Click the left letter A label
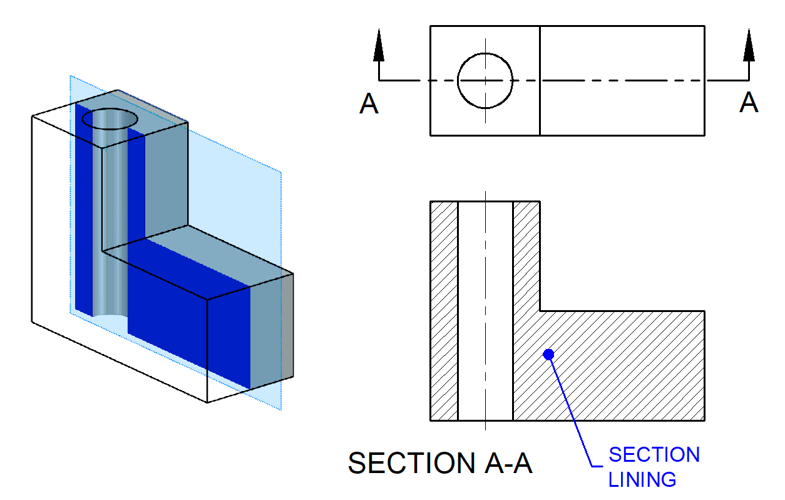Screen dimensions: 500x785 pyautogui.click(x=369, y=104)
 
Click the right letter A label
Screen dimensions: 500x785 pyautogui.click(x=749, y=103)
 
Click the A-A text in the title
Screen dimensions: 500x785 pyautogui.click(x=508, y=464)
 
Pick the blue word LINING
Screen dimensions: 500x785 pyautogui.click(x=642, y=480)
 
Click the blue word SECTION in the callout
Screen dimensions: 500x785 pyautogui.click(x=654, y=455)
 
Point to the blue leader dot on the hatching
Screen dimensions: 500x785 pyautogui.click(x=549, y=355)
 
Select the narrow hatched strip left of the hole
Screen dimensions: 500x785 pyautogui.click(x=444, y=311)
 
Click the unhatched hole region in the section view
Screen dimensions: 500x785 pyautogui.click(x=485, y=311)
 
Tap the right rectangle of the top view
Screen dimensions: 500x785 pyautogui.click(x=622, y=81)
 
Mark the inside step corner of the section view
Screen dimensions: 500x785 pyautogui.click(x=540, y=311)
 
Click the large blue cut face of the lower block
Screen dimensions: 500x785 pyautogui.click(x=188, y=313)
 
